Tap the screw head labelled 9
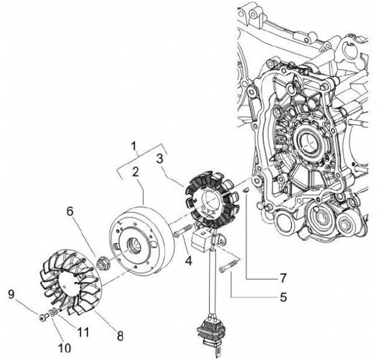[41, 317]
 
